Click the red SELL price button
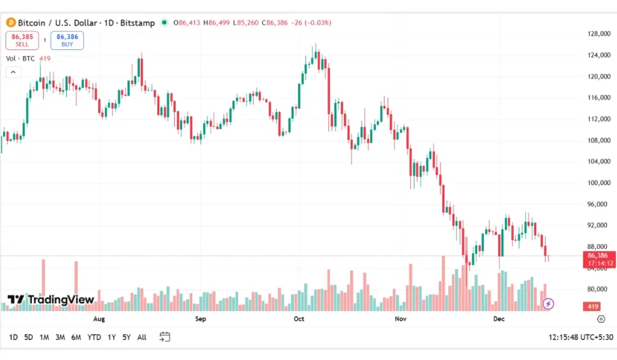[22, 40]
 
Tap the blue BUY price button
[67, 40]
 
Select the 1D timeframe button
[13, 337]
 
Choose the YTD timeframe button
[94, 337]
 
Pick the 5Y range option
[126, 337]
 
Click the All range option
[142, 337]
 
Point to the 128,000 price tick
[600, 34]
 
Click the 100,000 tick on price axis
[600, 183]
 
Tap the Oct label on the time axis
[299, 318]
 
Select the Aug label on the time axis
[99, 318]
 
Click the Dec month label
[498, 318]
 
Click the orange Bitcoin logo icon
[10, 23]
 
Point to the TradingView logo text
[51, 300]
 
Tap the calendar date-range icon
[164, 337]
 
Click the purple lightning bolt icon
[548, 304]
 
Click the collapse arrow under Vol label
[13, 72]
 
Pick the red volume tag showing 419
[593, 306]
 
